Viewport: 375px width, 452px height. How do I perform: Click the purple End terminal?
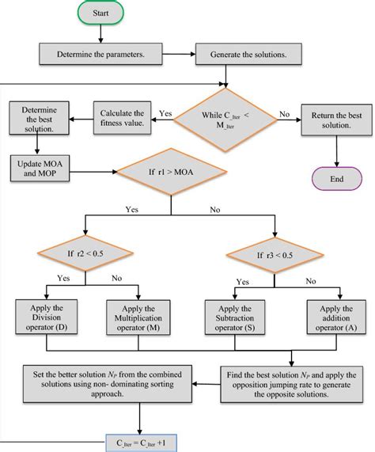(337, 179)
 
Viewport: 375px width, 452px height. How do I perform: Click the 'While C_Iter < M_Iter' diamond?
(227, 120)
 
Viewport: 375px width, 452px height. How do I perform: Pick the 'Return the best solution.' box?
(338, 121)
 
